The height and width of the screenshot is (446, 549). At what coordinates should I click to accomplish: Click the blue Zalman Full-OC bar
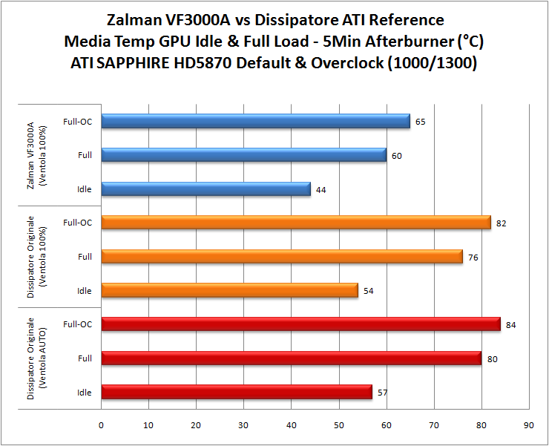tap(255, 121)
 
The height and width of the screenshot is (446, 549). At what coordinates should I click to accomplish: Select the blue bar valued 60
tap(243, 155)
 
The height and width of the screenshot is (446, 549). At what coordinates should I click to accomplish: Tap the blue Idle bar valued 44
tap(206, 189)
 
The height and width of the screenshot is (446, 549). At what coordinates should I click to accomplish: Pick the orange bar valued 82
tap(296, 223)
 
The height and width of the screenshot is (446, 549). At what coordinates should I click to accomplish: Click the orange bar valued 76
tap(282, 256)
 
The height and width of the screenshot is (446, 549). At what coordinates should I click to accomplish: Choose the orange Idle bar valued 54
tap(229, 290)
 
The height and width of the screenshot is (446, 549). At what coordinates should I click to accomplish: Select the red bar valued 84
tap(300, 324)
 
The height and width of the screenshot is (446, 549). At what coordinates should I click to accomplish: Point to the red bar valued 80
tap(291, 358)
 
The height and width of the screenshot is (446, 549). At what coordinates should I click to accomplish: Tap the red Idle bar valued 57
tap(237, 392)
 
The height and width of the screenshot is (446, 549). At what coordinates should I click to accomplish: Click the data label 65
tap(421, 122)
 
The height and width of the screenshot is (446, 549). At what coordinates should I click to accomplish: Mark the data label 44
tap(321, 189)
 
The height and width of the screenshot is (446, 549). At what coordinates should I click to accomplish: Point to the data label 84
tap(511, 324)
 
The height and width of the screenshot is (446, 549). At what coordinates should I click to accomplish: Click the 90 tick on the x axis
tap(528, 426)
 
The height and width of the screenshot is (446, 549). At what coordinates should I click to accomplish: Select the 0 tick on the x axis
tap(102, 426)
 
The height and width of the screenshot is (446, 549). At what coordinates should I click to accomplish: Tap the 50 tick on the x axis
tap(338, 426)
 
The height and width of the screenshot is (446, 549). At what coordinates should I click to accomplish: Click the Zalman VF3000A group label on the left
tap(36, 155)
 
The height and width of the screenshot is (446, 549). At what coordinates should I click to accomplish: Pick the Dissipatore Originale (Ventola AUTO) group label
tap(36, 358)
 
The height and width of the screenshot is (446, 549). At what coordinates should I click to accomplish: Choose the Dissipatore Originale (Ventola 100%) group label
tap(36, 257)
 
